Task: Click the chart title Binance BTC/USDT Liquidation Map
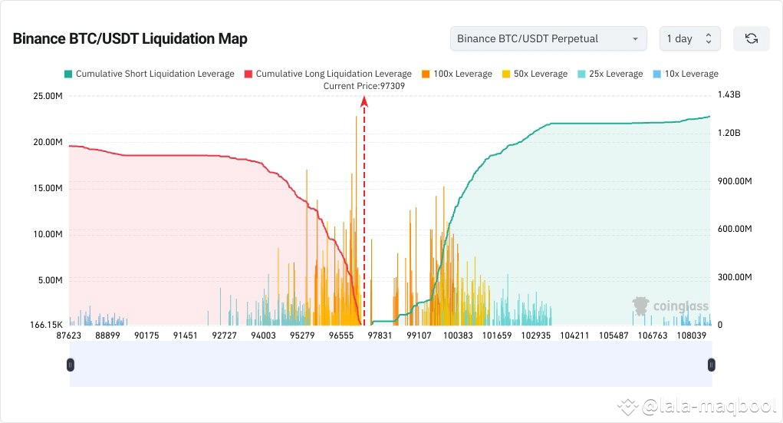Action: click(x=130, y=38)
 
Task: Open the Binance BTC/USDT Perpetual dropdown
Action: click(x=548, y=38)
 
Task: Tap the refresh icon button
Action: click(x=751, y=38)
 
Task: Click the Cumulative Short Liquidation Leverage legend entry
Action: click(x=149, y=74)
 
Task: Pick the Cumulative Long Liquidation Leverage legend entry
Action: click(x=327, y=74)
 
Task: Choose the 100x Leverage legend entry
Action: click(x=457, y=74)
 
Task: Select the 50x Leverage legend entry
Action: click(x=535, y=74)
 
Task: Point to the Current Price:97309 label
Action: click(x=364, y=86)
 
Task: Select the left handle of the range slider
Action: click(x=71, y=365)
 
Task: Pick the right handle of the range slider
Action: click(x=711, y=365)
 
